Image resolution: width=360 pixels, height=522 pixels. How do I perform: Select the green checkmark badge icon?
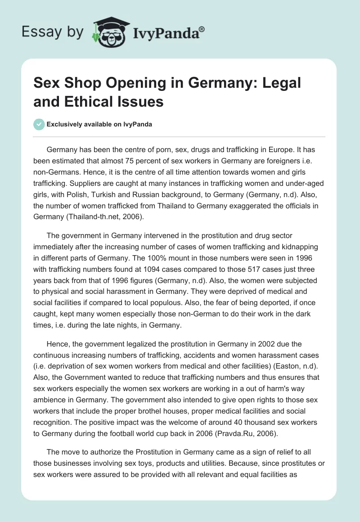(39, 124)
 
